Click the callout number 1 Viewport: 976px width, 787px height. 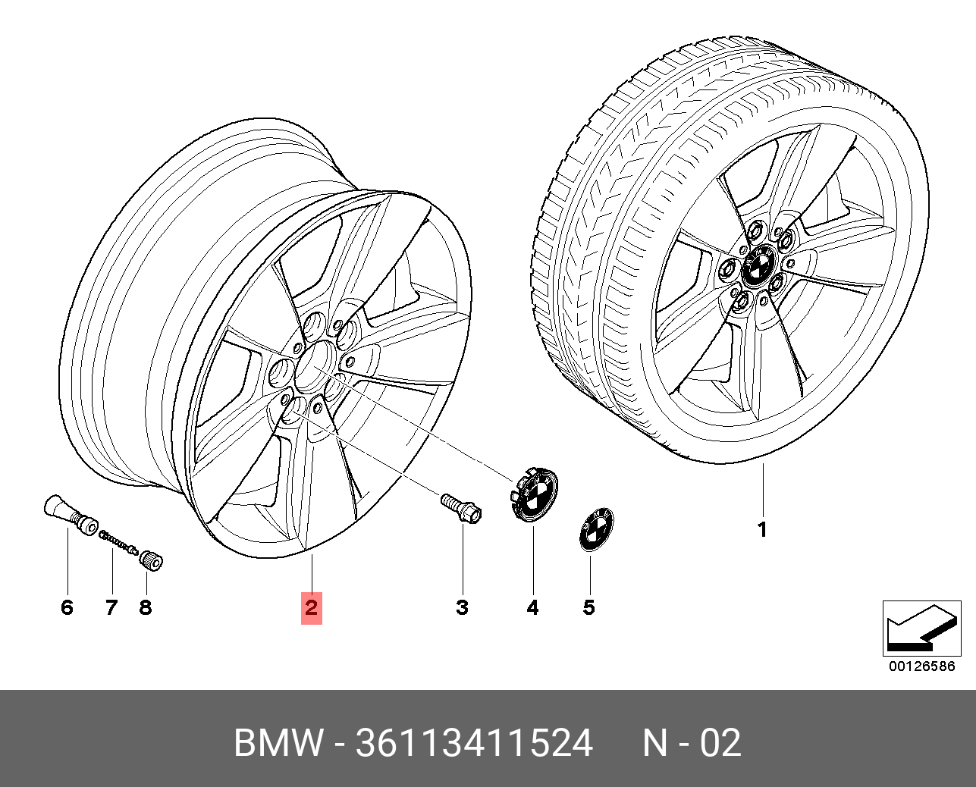point(762,529)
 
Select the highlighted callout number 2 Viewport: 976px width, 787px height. point(311,608)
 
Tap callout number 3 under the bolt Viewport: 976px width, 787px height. point(462,607)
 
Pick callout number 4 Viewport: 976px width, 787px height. point(532,607)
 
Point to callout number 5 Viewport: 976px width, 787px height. point(588,607)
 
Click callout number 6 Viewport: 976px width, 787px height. point(67,607)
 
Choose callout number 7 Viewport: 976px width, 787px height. point(111,607)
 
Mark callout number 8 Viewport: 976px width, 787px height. point(145,607)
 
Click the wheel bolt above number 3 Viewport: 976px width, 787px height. point(461,508)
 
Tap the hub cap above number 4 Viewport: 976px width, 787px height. point(534,495)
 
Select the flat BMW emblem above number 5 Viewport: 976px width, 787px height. point(597,530)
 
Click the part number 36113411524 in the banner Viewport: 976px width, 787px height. point(474,743)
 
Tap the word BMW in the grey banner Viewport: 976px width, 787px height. point(278,743)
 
